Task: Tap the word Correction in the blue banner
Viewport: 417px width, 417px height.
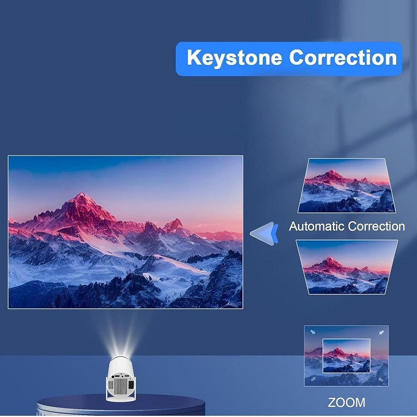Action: pyautogui.click(x=343, y=58)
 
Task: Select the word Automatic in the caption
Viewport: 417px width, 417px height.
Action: pyautogui.click(x=317, y=227)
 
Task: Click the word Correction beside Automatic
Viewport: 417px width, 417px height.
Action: pyautogui.click(x=376, y=227)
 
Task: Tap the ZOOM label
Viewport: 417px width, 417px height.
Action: pyautogui.click(x=347, y=402)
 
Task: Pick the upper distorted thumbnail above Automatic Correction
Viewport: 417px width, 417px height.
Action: pyautogui.click(x=346, y=186)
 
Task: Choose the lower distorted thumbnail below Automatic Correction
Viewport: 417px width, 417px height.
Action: pyautogui.click(x=346, y=267)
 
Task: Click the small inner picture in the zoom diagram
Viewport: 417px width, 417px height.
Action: pyautogui.click(x=346, y=355)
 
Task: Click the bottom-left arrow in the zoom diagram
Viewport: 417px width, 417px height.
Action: pyautogui.click(x=313, y=379)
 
